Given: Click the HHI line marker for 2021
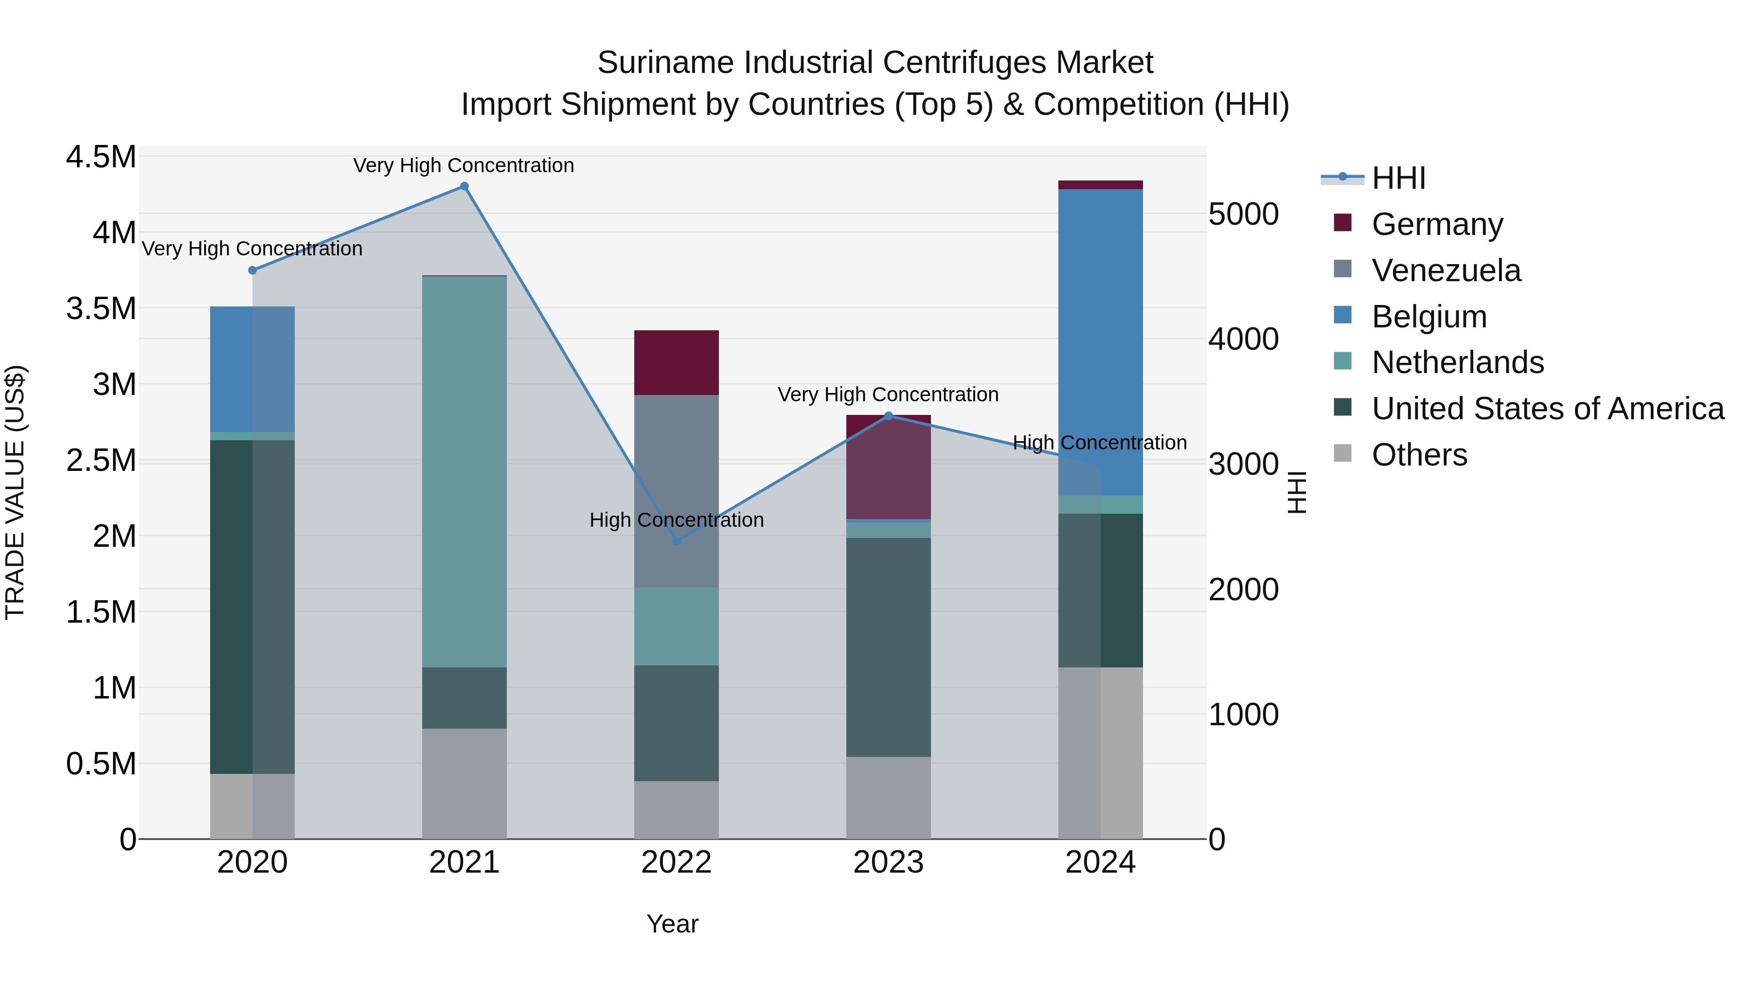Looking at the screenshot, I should point(465,186).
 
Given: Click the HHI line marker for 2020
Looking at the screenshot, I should point(252,270).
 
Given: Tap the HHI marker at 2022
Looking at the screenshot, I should point(677,541).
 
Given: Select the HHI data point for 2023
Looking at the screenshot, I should point(889,416).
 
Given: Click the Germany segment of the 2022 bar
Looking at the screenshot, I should point(677,362).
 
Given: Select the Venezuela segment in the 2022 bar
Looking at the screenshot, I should point(677,491).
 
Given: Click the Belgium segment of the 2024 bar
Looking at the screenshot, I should point(1101,342).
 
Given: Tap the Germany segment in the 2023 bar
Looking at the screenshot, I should point(889,466).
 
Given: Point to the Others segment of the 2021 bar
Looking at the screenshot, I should point(465,783).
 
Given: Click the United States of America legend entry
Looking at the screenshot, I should point(1547,409).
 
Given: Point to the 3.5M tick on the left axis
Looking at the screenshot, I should point(101,308).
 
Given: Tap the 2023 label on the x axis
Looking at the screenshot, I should point(889,862).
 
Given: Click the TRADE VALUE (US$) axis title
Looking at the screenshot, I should point(15,492).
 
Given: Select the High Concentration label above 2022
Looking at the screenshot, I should point(677,520).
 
